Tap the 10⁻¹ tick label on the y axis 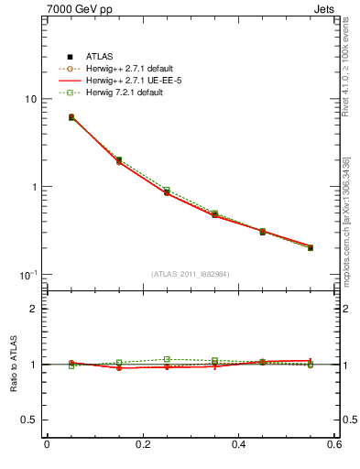(x=28, y=275)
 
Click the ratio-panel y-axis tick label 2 (x=33, y=309)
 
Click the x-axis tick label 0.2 (x=142, y=445)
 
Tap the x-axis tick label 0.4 (x=238, y=445)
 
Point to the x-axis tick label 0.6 (x=333, y=445)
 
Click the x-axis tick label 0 (x=46, y=445)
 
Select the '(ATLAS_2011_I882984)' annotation (x=191, y=274)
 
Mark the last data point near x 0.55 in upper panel (x=311, y=247)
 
